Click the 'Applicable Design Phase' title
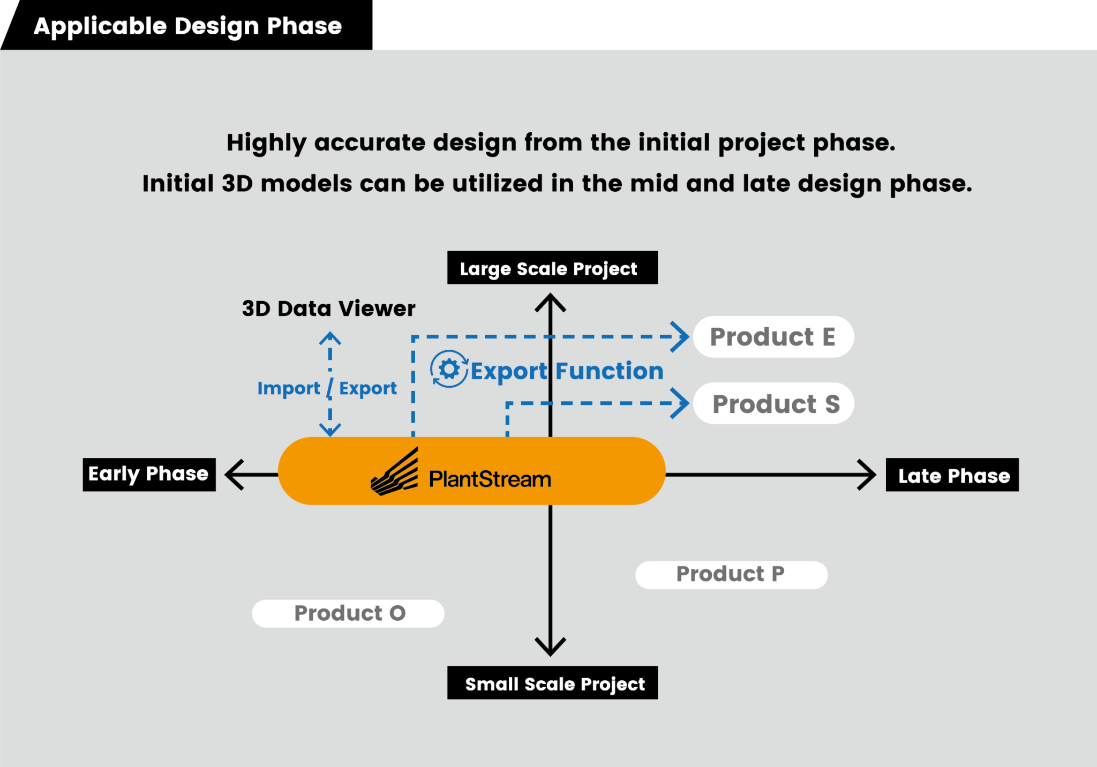pos(187,26)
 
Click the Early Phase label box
pos(149,475)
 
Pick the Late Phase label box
pos(952,475)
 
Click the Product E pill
pos(773,337)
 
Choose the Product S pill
pos(773,403)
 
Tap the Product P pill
pos(731,575)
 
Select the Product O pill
pos(348,613)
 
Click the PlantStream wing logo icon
pos(395,473)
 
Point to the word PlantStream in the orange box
pos(490,479)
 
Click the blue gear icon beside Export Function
pos(449,369)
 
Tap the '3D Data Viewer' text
pos(328,309)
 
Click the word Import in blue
pos(288,388)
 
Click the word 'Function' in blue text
pos(609,371)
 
